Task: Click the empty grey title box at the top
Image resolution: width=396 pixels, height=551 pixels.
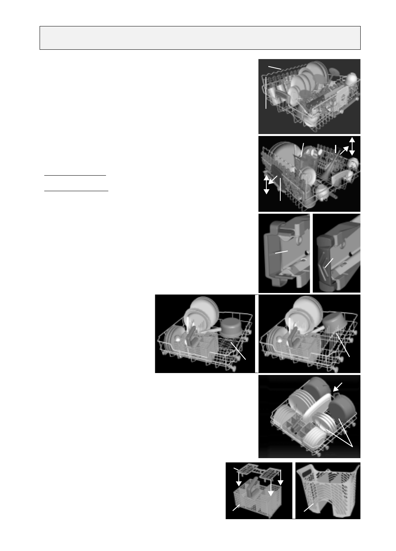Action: [200, 38]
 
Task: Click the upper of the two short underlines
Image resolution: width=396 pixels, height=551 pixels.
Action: [75, 175]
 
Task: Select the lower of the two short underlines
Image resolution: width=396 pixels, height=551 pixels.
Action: [76, 191]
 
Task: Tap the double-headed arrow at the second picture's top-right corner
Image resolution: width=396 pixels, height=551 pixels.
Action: [352, 146]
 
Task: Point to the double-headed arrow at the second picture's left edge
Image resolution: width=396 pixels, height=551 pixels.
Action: [266, 185]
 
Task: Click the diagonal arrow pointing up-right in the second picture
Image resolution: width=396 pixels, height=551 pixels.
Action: [344, 150]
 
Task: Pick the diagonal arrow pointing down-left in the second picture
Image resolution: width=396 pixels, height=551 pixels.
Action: [273, 180]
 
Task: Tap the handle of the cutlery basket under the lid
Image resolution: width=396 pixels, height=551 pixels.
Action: [253, 486]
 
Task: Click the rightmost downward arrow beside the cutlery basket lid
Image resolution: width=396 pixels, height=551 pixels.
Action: [280, 478]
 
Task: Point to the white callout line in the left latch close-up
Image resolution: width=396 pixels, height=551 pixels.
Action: [281, 252]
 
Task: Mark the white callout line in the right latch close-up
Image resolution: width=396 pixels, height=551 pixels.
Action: [328, 263]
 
